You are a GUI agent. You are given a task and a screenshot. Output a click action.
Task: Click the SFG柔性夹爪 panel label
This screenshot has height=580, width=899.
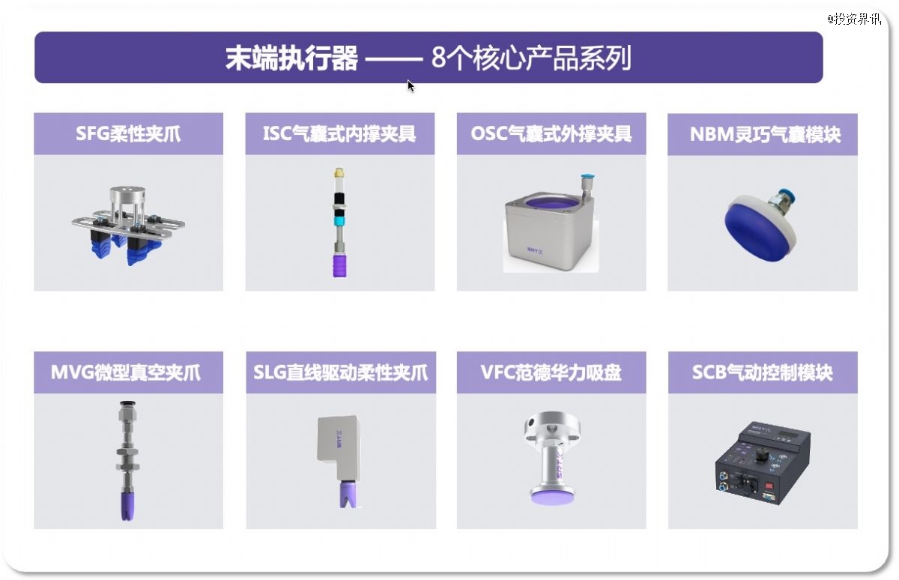tap(128, 133)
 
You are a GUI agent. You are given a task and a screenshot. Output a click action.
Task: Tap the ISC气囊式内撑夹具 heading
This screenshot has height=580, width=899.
tap(339, 133)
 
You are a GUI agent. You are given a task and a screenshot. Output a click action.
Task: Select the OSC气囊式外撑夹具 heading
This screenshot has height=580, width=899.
tap(551, 133)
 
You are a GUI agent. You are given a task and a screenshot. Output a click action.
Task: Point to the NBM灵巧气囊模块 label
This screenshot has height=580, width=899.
tap(765, 134)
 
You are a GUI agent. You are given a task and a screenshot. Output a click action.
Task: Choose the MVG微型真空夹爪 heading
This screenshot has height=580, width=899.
tap(126, 372)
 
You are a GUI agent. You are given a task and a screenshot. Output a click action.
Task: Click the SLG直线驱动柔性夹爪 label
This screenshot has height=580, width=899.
tap(341, 372)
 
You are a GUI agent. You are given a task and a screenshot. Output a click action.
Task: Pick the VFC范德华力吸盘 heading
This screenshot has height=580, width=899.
tap(551, 372)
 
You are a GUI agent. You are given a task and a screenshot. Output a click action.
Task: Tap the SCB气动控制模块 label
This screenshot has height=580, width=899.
tap(762, 372)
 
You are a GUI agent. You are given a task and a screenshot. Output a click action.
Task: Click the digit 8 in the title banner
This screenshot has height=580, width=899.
tap(439, 58)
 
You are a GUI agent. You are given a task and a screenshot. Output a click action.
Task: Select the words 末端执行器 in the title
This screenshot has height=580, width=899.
tap(291, 58)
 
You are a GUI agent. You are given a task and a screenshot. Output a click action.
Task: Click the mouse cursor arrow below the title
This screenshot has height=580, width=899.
tap(411, 86)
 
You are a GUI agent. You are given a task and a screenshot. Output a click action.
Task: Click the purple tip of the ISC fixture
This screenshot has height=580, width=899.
tap(339, 265)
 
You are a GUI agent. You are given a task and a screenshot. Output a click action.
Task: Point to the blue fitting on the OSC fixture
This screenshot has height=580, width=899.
tap(587, 177)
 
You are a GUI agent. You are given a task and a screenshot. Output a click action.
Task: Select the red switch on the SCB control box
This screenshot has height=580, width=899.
tap(769, 486)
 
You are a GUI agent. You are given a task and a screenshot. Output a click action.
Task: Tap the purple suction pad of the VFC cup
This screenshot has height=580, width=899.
tap(550, 498)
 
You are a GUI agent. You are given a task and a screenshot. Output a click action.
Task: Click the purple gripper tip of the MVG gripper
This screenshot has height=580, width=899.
tap(127, 506)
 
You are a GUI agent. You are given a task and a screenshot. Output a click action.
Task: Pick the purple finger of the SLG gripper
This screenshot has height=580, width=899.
tap(347, 495)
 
